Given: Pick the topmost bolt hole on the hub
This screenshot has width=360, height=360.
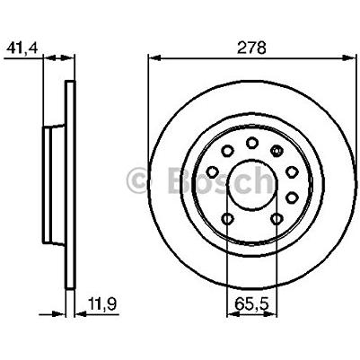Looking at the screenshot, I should (x=252, y=142).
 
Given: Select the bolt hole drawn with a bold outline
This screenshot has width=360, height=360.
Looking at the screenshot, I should (x=277, y=150).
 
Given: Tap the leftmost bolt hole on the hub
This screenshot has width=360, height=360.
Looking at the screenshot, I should (x=212, y=171).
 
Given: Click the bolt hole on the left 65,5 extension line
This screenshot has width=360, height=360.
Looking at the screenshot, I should (x=227, y=218).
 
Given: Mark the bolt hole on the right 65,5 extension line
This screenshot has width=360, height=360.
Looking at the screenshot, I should (x=277, y=218).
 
